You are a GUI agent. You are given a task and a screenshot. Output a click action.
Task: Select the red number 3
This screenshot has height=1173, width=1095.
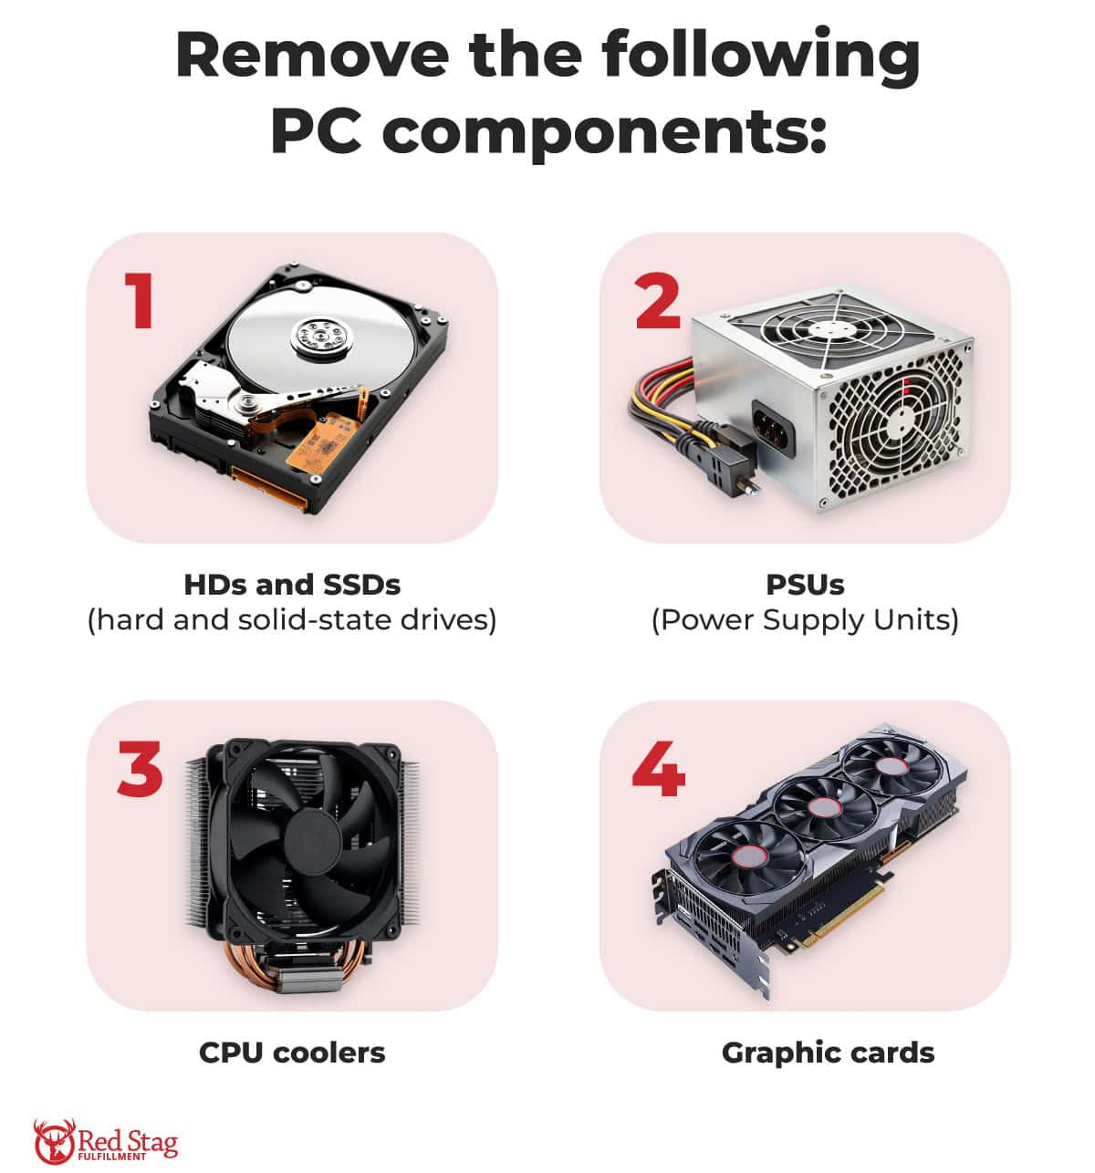coord(141,768)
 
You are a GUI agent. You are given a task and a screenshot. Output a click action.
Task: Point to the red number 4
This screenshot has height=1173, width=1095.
coord(658,768)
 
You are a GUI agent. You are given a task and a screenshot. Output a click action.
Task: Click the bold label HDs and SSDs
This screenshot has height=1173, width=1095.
coord(292,584)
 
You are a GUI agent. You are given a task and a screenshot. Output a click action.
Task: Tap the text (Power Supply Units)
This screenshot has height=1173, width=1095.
coord(805,620)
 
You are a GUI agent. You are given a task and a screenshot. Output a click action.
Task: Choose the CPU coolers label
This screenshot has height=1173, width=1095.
coord(292,1053)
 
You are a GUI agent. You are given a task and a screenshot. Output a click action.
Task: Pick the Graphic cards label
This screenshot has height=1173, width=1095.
coord(828,1053)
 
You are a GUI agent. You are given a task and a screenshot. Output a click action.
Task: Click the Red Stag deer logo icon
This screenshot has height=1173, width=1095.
coord(53,1141)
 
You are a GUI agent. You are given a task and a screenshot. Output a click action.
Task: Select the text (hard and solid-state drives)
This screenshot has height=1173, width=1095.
coord(292,620)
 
